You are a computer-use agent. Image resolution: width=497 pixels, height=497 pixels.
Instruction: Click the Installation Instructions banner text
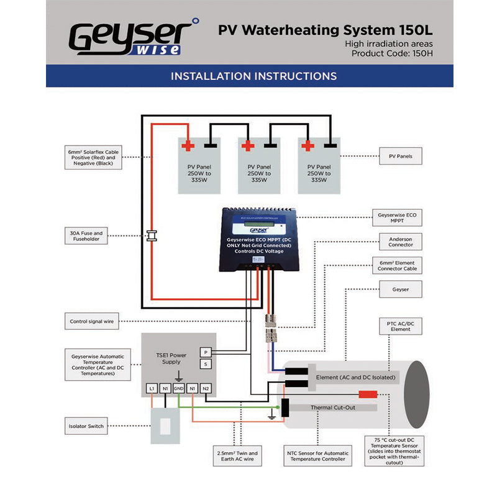point(253,76)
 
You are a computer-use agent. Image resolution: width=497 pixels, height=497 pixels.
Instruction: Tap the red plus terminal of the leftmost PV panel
point(188,146)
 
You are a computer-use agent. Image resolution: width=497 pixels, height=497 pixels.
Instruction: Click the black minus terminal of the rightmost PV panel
point(331,146)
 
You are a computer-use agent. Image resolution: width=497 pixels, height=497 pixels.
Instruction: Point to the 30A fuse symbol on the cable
point(151,235)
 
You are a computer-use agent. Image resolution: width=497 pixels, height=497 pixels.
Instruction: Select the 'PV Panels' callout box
point(404,156)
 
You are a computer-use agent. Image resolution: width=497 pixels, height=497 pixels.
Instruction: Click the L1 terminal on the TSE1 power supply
point(152,389)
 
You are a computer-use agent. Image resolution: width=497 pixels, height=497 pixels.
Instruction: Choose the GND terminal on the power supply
point(179,389)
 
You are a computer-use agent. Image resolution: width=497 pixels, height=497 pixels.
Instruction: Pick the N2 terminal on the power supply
point(206,389)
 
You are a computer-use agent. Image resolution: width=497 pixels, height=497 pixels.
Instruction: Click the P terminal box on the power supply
point(206,352)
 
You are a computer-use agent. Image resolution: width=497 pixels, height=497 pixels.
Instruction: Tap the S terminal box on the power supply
point(206,364)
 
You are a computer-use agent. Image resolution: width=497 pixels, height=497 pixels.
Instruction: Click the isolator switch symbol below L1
point(165,427)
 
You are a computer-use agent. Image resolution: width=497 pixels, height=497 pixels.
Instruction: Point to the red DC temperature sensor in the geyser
point(368,394)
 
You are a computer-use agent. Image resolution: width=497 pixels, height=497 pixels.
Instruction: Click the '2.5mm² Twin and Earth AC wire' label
point(237,457)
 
